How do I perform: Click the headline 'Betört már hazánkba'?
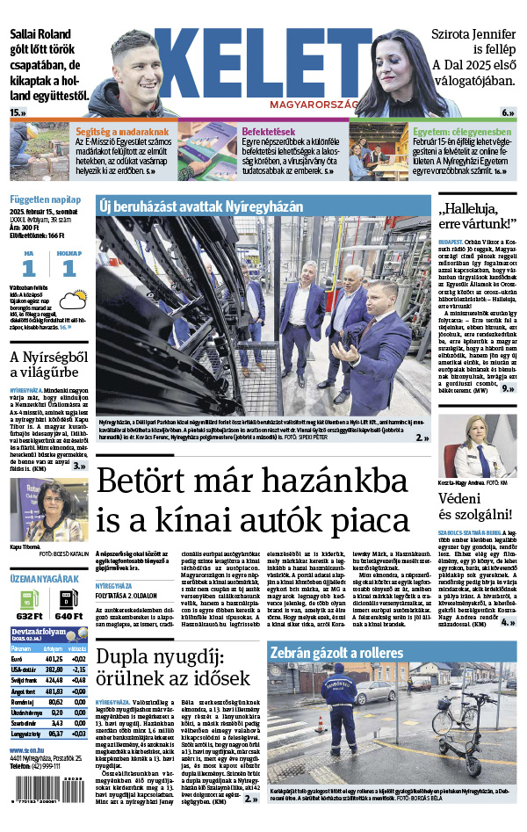click(251, 482)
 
